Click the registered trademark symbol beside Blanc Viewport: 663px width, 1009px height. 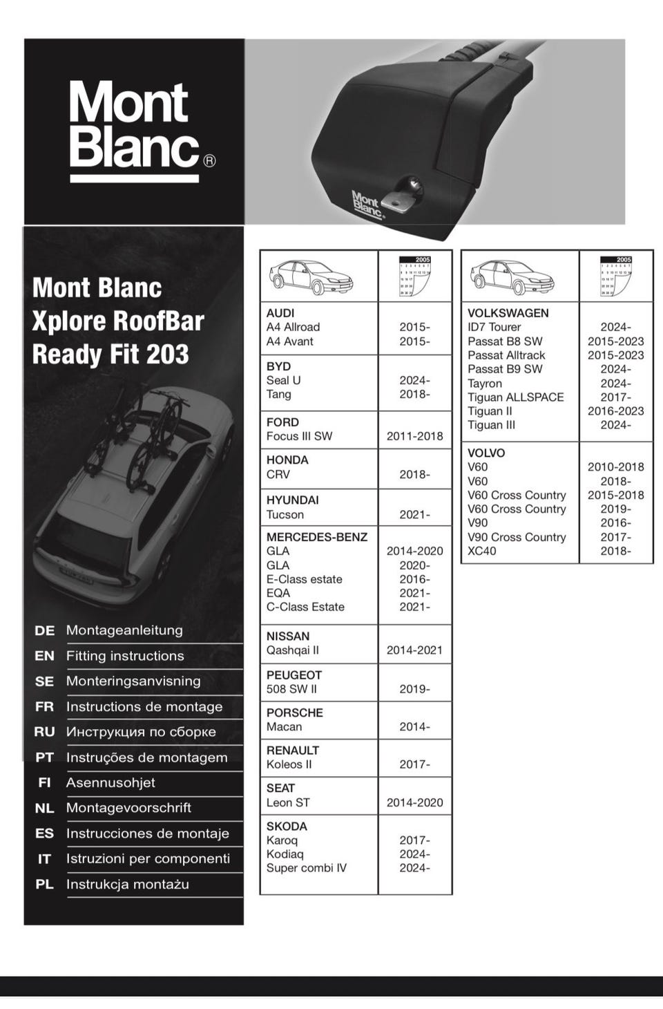point(210,161)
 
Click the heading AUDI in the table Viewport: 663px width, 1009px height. point(280,313)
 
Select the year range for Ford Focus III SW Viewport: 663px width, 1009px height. point(414,436)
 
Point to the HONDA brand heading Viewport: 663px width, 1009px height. point(287,460)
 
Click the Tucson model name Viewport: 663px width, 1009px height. point(285,515)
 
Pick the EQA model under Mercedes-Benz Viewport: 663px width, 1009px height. point(278,593)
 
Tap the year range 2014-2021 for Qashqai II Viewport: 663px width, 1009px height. point(414,650)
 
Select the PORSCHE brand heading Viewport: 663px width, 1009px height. point(295,713)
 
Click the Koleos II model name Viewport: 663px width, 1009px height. point(289,764)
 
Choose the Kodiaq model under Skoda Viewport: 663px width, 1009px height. point(285,854)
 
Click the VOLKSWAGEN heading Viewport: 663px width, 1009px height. point(508,313)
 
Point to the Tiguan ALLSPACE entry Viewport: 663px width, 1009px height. point(516,397)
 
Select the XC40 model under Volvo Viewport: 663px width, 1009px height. point(482,551)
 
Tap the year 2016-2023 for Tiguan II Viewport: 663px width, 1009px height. point(615,411)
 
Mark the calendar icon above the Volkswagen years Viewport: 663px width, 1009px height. point(616,276)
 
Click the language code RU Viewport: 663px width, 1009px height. point(44,732)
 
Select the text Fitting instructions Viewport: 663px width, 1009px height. point(125,656)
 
